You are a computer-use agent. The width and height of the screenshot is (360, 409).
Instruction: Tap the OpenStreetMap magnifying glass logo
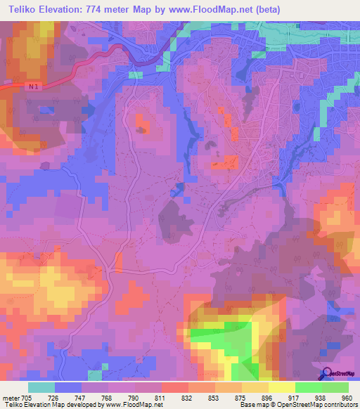pos(326,375)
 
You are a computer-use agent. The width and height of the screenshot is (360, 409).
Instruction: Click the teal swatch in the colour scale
pos(41,387)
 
